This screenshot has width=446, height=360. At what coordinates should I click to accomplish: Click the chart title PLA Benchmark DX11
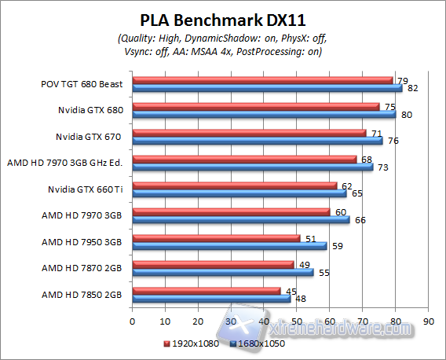tap(223, 19)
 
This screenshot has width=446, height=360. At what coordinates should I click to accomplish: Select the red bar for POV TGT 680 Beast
tap(262, 79)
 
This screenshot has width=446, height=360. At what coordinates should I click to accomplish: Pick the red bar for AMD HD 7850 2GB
tap(207, 290)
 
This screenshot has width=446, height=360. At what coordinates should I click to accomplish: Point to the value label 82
tap(411, 88)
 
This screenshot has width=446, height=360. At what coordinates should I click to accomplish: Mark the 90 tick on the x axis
tap(428, 321)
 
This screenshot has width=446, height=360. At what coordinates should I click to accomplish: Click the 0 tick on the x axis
tap(133, 321)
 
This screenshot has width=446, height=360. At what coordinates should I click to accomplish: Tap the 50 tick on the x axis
tap(297, 321)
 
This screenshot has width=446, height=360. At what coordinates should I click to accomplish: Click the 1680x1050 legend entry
tap(258, 343)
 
